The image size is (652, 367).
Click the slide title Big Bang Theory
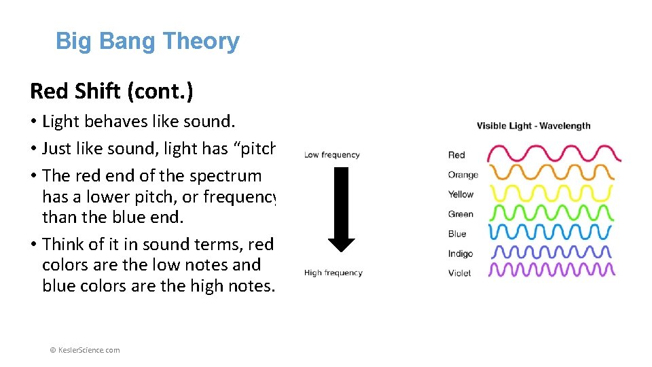[147, 41]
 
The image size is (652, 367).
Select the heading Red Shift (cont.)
[111, 90]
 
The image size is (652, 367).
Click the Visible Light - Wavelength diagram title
[533, 126]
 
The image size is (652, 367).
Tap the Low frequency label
[331, 155]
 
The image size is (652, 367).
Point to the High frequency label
[333, 273]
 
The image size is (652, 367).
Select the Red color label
[456, 155]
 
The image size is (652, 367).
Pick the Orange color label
[463, 175]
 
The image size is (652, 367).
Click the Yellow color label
[460, 194]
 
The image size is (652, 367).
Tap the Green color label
[460, 214]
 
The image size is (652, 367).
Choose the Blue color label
[457, 234]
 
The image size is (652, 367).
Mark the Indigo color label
[460, 254]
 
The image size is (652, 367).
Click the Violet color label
[459, 273]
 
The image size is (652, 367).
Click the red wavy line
[554, 154]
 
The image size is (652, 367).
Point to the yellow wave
[551, 194]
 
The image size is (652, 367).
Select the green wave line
[551, 213]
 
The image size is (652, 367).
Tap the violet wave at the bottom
[551, 270]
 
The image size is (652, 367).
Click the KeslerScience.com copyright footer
[85, 350]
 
